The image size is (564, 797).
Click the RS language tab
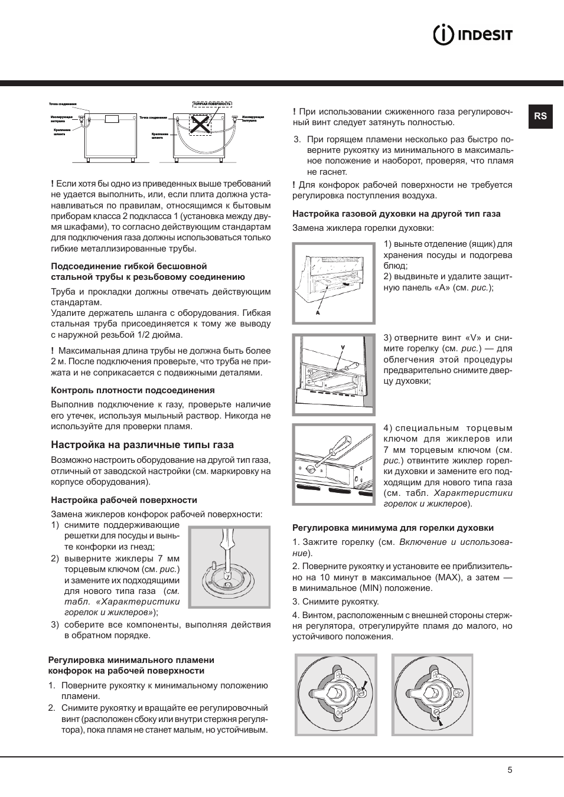[x=540, y=116]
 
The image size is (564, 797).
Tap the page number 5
[x=510, y=770]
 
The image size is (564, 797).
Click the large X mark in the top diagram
[x=201, y=125]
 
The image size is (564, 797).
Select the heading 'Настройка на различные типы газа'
[x=142, y=445]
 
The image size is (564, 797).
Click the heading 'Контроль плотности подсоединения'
[x=133, y=390]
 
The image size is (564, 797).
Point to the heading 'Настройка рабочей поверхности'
[x=124, y=500]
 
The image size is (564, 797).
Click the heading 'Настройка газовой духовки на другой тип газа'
[x=396, y=214]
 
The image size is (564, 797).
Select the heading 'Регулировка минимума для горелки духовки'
[x=393, y=528]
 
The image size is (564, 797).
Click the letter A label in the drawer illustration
[x=318, y=313]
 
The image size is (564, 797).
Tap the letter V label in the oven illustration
[x=343, y=347]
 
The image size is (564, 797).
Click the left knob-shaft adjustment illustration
[x=335, y=694]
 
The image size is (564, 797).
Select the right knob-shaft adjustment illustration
[x=432, y=694]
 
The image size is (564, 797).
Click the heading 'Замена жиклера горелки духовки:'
[x=363, y=228]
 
